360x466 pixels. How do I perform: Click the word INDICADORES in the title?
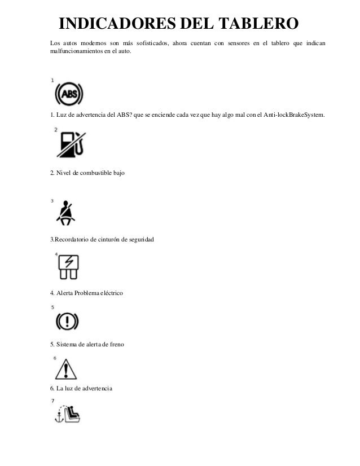[x=107, y=24]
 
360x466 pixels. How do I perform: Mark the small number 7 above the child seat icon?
[x=52, y=401]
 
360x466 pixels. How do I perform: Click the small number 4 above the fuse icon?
[x=56, y=254]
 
